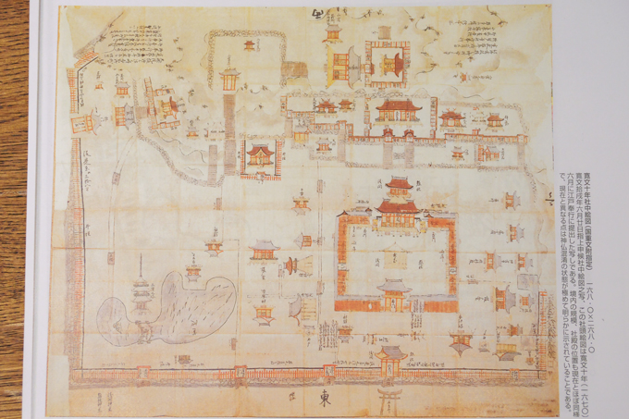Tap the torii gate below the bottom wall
coord(386,399)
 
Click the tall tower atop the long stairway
coord(229,75)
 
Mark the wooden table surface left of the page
coord(13,185)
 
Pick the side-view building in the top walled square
coord(340,62)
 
